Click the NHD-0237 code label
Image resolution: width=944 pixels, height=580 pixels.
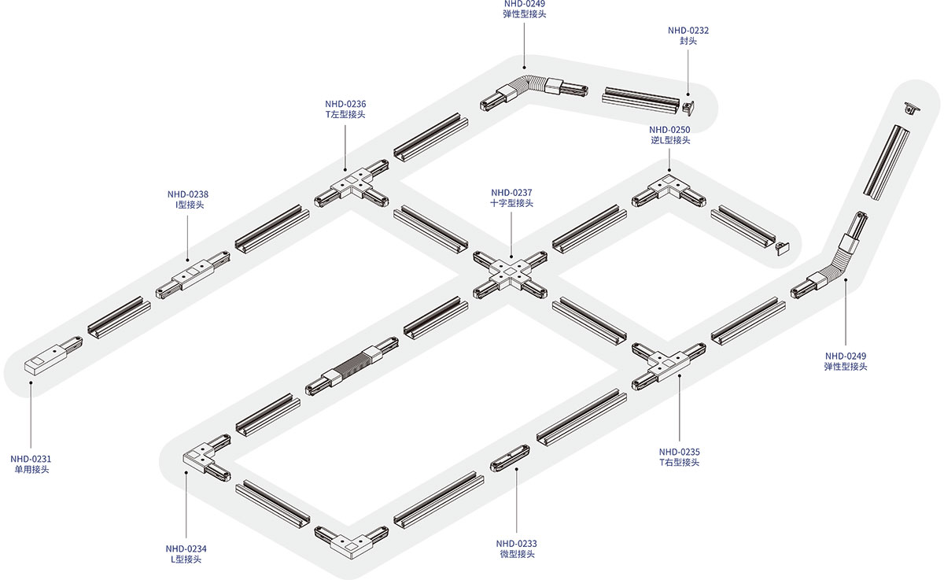[x=511, y=193]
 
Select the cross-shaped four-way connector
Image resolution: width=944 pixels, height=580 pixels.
[x=510, y=275]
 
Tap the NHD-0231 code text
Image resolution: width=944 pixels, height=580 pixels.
[x=31, y=459]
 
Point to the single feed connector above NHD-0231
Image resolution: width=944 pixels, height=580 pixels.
[x=53, y=356]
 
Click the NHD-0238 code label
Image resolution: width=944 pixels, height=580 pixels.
[x=188, y=194]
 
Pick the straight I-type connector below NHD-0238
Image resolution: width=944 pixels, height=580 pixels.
[x=193, y=275]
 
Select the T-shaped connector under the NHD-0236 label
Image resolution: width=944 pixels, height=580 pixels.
[x=352, y=183]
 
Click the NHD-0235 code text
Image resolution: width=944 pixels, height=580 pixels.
[x=680, y=452]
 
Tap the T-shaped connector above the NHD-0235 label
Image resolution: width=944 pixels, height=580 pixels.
[x=669, y=366]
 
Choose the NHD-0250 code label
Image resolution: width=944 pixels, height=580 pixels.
[x=669, y=130]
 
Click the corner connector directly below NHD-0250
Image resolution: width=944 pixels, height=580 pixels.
[x=669, y=190]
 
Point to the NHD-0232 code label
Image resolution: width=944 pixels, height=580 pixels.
[x=688, y=31]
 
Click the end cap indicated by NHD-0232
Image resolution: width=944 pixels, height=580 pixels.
[x=688, y=107]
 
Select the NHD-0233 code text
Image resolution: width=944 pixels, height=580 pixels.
[x=516, y=544]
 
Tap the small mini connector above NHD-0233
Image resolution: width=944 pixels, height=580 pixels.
[x=510, y=458]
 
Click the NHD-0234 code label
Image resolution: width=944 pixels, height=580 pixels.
[x=186, y=549]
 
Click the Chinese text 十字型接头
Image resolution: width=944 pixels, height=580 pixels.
[x=511, y=203]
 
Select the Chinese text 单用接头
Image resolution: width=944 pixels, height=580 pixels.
[x=31, y=469]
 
